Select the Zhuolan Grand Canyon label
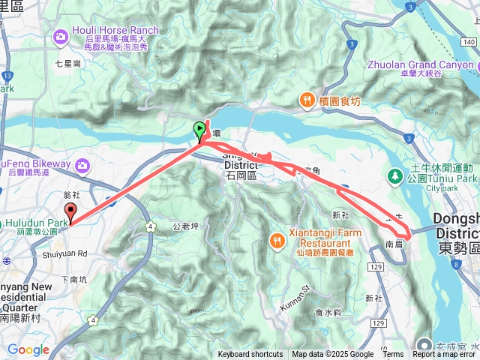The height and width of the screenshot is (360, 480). click(x=420, y=64)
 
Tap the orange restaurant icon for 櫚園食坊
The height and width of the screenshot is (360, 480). click(x=307, y=100)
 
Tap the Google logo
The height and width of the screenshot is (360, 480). click(x=28, y=349)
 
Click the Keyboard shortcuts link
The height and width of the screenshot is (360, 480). click(x=250, y=355)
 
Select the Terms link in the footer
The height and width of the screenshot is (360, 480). click(x=393, y=355)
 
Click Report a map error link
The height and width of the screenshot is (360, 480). click(x=445, y=355)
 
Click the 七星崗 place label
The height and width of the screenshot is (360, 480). click(x=67, y=64)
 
